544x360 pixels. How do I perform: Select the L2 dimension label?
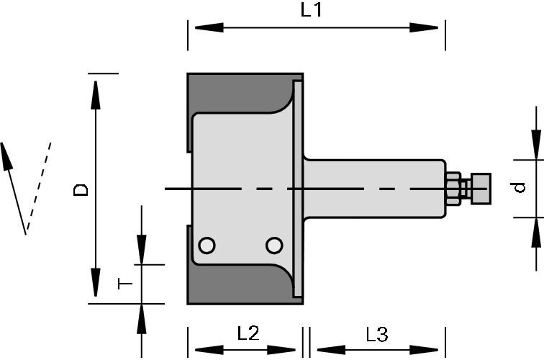[x=248, y=333]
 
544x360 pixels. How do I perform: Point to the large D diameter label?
[x=82, y=190]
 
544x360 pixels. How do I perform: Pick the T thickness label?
[x=124, y=284]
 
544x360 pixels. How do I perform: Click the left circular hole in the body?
[x=207, y=246]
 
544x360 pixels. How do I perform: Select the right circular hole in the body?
[x=273, y=246]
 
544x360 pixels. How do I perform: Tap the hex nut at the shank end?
[x=454, y=188]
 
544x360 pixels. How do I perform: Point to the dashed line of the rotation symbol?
[x=40, y=186]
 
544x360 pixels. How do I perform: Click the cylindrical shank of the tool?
[x=374, y=188]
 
